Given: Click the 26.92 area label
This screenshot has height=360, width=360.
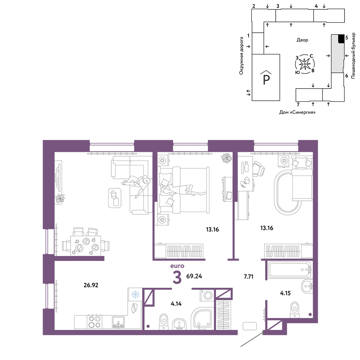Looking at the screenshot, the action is click(x=91, y=285).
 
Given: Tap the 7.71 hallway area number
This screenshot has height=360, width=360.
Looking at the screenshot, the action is click(x=249, y=276).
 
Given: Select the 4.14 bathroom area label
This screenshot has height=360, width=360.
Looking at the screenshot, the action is click(x=176, y=304).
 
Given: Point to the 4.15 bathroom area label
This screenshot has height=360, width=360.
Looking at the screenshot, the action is click(x=285, y=293).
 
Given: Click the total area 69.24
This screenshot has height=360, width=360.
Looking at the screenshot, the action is click(x=194, y=276).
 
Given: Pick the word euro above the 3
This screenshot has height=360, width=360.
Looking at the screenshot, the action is click(x=177, y=266).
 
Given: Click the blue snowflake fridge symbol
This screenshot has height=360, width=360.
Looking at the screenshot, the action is click(x=135, y=294).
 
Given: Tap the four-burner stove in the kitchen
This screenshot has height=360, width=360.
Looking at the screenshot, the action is click(x=95, y=322).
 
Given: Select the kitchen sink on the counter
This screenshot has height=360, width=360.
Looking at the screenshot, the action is click(x=118, y=322).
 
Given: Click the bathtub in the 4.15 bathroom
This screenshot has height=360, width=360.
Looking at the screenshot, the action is click(x=290, y=270).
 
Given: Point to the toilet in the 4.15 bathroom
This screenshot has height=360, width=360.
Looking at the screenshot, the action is click(x=294, y=310).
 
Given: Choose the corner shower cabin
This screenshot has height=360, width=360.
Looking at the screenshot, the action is click(x=203, y=319).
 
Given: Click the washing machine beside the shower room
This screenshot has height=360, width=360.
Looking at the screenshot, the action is click(x=208, y=295).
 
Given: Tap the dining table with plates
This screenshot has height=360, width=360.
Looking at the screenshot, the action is click(x=85, y=246).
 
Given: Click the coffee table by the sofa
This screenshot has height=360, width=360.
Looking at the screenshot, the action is click(x=114, y=198).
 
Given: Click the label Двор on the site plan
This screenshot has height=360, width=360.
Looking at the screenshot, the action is click(x=302, y=40).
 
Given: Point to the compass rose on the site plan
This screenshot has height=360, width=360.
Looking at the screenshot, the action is click(x=305, y=64).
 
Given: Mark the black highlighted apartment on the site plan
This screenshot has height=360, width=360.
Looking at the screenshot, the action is click(x=341, y=39).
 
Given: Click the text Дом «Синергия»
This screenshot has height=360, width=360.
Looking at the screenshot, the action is click(x=297, y=112).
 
